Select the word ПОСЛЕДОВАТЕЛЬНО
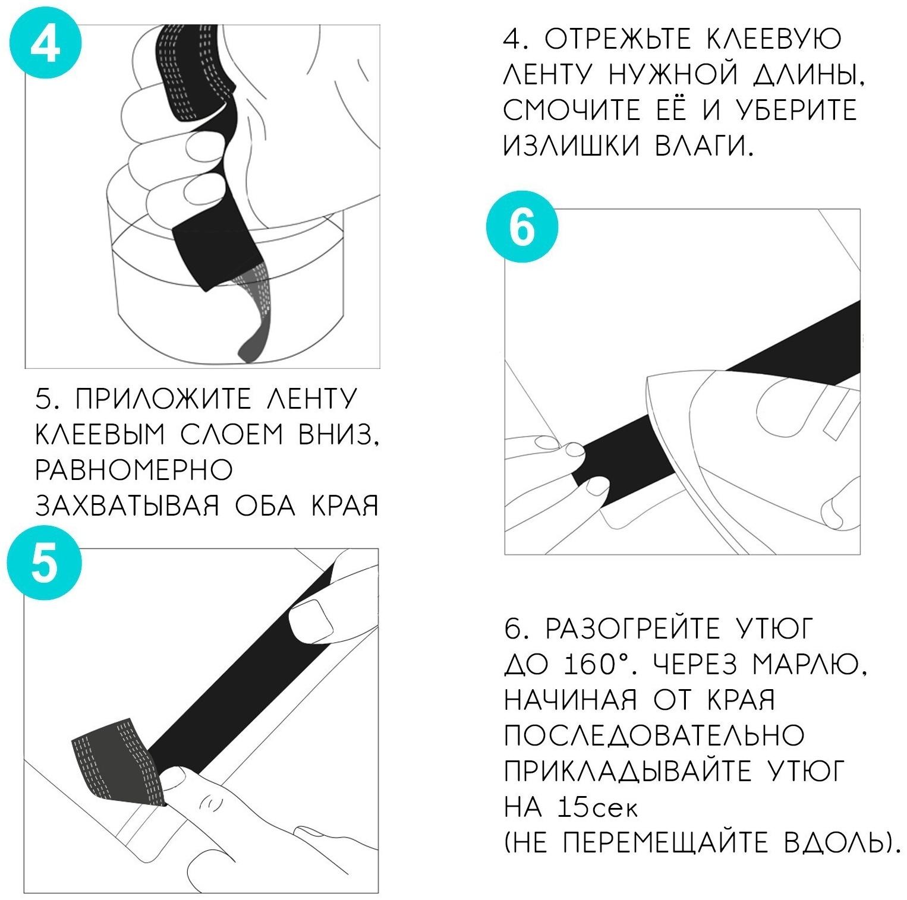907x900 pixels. coord(654,735)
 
